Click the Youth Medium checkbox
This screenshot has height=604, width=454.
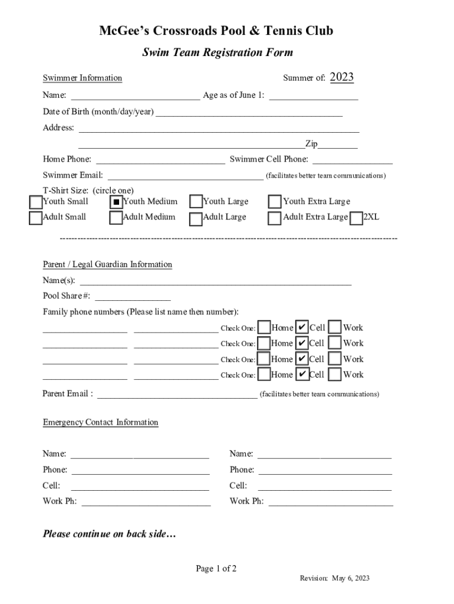click(116, 202)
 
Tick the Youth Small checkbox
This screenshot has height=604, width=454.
click(36, 202)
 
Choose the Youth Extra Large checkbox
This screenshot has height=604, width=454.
click(275, 202)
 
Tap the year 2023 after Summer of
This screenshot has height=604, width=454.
click(341, 77)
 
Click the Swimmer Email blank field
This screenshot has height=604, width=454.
click(186, 175)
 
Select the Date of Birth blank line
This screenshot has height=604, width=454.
click(249, 111)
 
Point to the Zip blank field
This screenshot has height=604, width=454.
click(338, 144)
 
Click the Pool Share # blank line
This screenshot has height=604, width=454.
click(133, 296)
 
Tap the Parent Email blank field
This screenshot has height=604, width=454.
click(177, 393)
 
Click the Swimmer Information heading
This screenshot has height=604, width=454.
click(83, 78)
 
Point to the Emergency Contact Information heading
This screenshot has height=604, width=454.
click(100, 422)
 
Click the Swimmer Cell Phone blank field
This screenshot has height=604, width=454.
click(353, 159)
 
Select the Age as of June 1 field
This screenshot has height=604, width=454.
click(314, 95)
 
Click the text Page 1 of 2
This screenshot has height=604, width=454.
click(216, 569)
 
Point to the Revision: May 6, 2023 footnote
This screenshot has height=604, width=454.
click(334, 579)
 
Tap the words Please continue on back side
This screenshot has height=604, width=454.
click(109, 534)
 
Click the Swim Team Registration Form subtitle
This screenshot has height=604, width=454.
click(218, 53)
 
